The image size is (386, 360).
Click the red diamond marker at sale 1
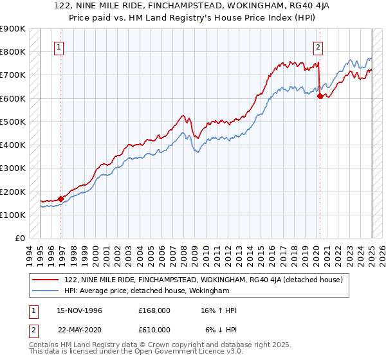pyautogui.click(x=61, y=199)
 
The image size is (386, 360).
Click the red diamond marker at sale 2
pyautogui.click(x=320, y=96)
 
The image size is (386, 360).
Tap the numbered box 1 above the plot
pyautogui.click(x=59, y=46)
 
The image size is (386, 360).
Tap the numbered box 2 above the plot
pyautogui.click(x=318, y=46)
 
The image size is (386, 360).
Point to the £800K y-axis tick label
pyautogui.click(x=12, y=51)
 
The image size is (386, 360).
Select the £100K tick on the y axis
pyautogui.click(x=12, y=215)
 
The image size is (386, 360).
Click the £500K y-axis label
pyautogui.click(x=12, y=122)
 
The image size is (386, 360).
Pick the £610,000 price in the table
pyautogui.click(x=154, y=330)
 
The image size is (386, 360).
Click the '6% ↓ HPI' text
pyautogui.click(x=221, y=330)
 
